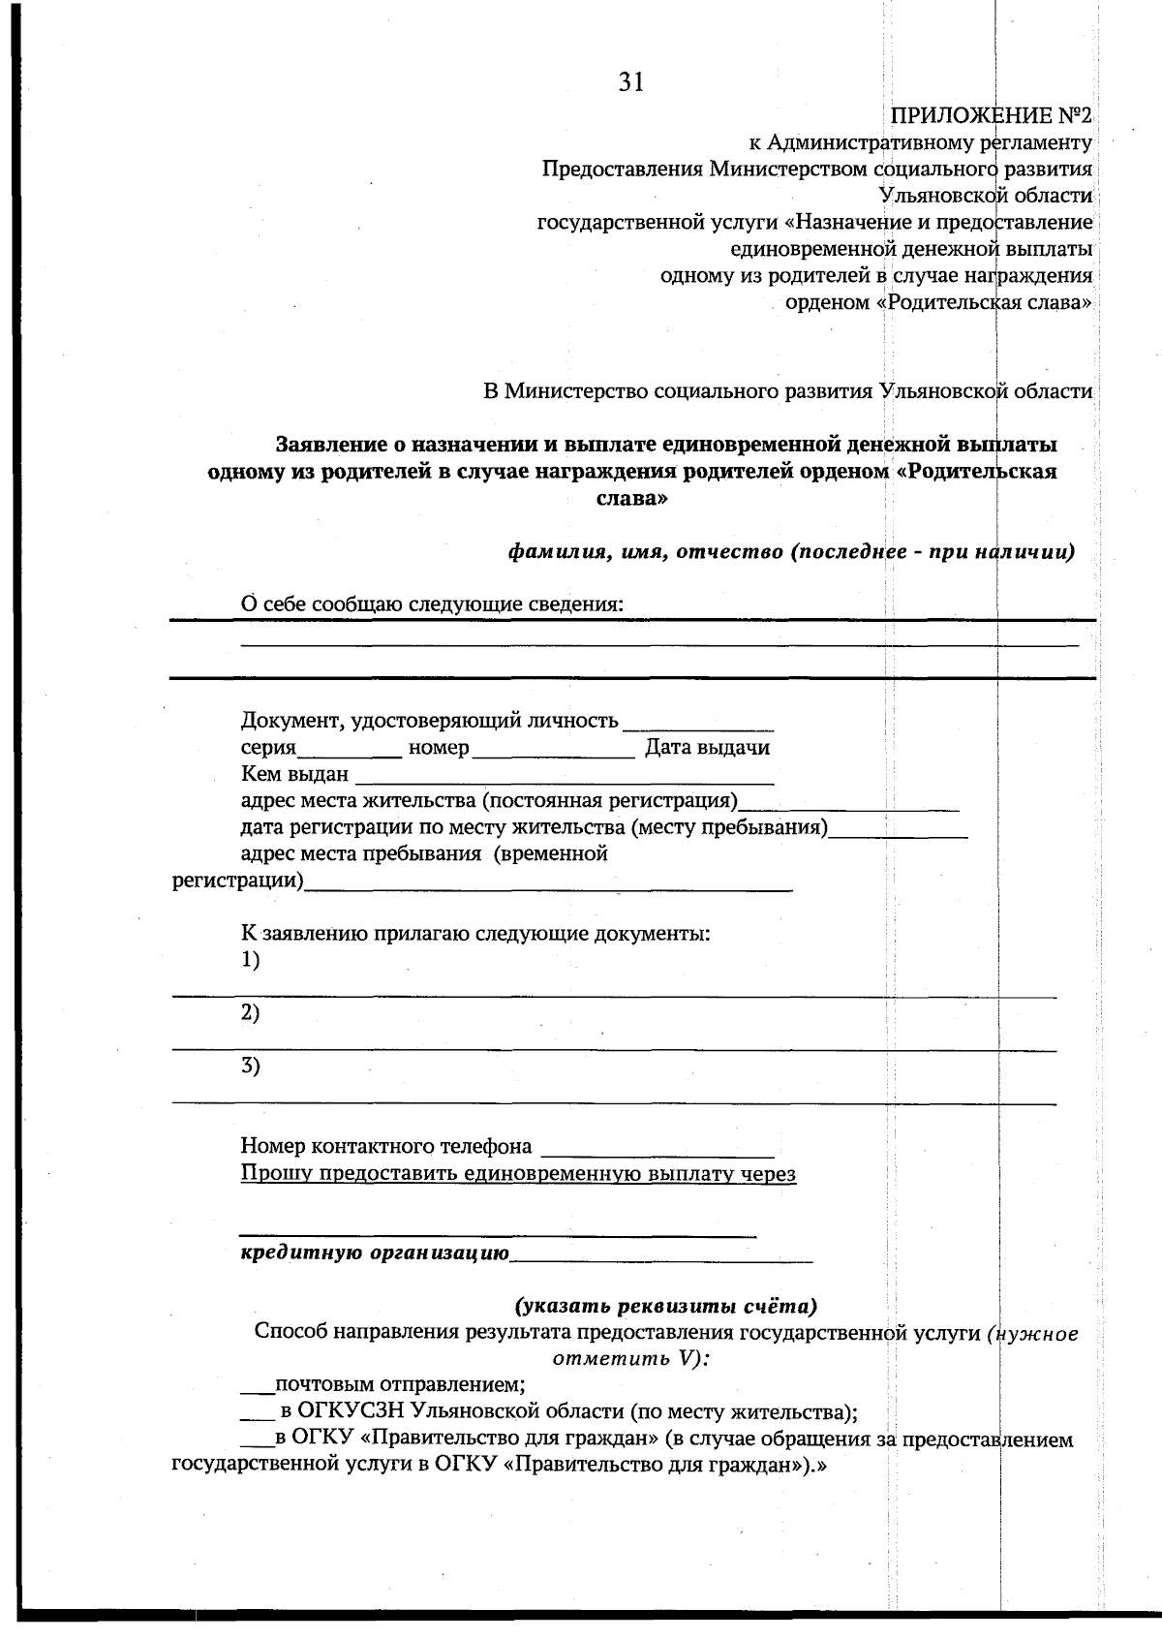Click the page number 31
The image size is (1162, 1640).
(x=630, y=83)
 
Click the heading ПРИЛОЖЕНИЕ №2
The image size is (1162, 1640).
(x=991, y=117)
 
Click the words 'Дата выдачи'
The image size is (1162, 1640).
(x=708, y=748)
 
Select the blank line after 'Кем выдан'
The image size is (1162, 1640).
(x=565, y=778)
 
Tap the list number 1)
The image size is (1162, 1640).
(x=250, y=960)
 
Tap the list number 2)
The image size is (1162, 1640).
(x=250, y=1013)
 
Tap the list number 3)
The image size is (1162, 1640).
(x=250, y=1067)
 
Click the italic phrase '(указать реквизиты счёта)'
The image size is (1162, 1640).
(x=665, y=1305)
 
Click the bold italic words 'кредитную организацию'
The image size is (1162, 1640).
(x=375, y=1253)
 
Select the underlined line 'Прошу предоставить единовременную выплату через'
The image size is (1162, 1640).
(x=518, y=1174)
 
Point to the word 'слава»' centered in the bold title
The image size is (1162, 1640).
(x=630, y=500)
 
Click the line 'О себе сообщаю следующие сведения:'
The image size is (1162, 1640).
(x=432, y=604)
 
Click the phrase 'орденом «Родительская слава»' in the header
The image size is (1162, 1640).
(x=938, y=303)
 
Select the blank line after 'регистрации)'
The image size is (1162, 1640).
(x=547, y=884)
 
